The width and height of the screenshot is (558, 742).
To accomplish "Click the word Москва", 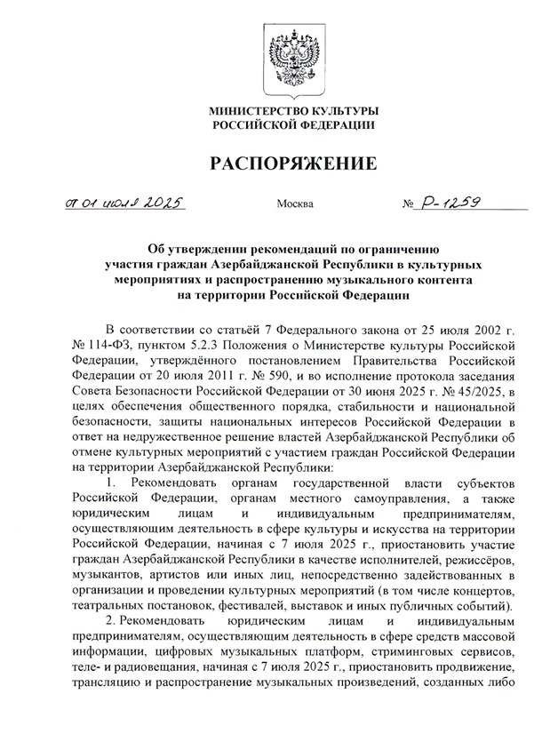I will tap(295, 204).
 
